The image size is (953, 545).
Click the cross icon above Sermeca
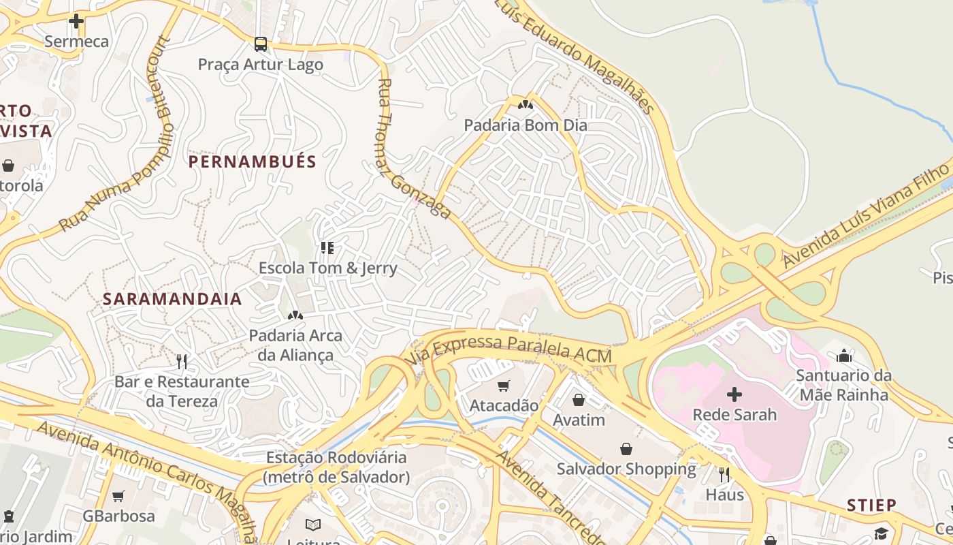[x=76, y=21]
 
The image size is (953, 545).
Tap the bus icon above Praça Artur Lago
[x=260, y=44]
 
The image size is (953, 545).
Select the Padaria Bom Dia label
[x=525, y=125]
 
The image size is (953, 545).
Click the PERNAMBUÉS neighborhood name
[x=253, y=161]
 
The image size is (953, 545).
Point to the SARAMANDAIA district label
[x=172, y=299]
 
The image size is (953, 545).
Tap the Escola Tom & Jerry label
[x=327, y=268]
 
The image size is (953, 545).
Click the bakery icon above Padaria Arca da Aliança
[x=295, y=315]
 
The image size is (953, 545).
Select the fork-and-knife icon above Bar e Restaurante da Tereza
[x=181, y=361]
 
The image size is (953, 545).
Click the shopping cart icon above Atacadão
[x=504, y=386]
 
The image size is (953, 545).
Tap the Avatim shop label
[x=579, y=420]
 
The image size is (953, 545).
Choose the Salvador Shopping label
[x=626, y=469]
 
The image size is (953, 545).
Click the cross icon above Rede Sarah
[x=734, y=394]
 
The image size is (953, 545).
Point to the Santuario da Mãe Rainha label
[x=844, y=385]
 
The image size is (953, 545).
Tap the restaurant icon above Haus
[x=724, y=474]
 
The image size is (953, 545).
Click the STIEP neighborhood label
[x=871, y=505]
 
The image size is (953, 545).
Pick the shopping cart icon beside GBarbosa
[x=118, y=497]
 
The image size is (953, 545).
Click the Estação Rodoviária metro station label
[x=336, y=467]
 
